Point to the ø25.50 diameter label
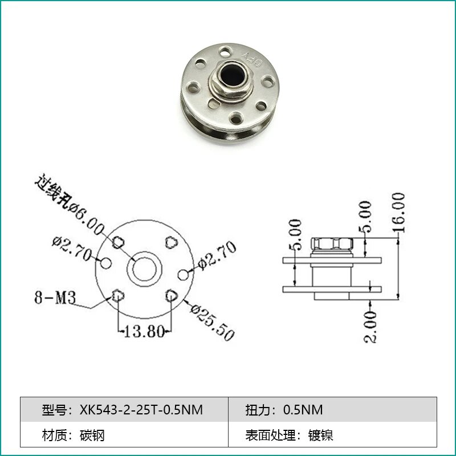point(211,323)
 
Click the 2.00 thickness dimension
point(371,326)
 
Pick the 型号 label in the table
point(54,410)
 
